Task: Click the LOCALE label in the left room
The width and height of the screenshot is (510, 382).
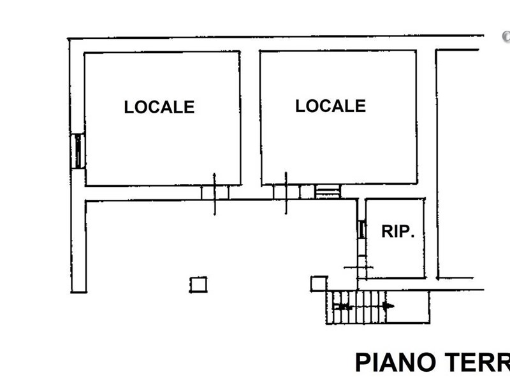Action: coord(159,107)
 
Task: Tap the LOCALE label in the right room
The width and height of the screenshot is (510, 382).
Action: coord(330,106)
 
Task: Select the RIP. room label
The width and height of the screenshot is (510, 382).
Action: coord(398,232)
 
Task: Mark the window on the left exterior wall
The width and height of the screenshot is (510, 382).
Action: coord(78,151)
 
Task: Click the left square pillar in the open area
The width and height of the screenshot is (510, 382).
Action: coord(198,284)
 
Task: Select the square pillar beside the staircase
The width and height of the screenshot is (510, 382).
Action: coord(319,283)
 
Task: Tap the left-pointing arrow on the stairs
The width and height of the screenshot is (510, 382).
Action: coord(344,306)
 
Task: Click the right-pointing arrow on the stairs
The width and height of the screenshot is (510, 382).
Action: coord(388,306)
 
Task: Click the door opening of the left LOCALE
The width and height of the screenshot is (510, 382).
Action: coord(215,192)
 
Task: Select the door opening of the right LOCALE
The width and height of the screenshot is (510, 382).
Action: coord(286,192)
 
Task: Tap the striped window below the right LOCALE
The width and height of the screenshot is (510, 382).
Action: coord(328,191)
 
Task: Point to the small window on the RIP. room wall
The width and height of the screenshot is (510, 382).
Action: coord(361,229)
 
